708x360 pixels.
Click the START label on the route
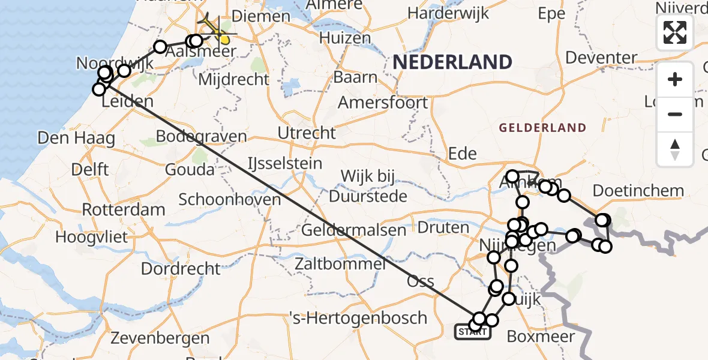(x=472, y=331)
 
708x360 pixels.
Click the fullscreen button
(x=675, y=32)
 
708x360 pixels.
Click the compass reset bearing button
(x=675, y=150)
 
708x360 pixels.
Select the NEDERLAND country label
(x=452, y=62)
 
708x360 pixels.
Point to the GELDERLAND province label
(x=542, y=127)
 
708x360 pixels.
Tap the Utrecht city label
(x=308, y=133)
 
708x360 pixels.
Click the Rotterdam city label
(x=124, y=210)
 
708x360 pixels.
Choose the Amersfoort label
(x=383, y=102)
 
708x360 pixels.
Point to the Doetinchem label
(x=638, y=191)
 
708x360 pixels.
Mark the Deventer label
(x=601, y=58)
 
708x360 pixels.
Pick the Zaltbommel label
(x=340, y=263)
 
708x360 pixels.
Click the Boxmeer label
(x=541, y=337)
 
